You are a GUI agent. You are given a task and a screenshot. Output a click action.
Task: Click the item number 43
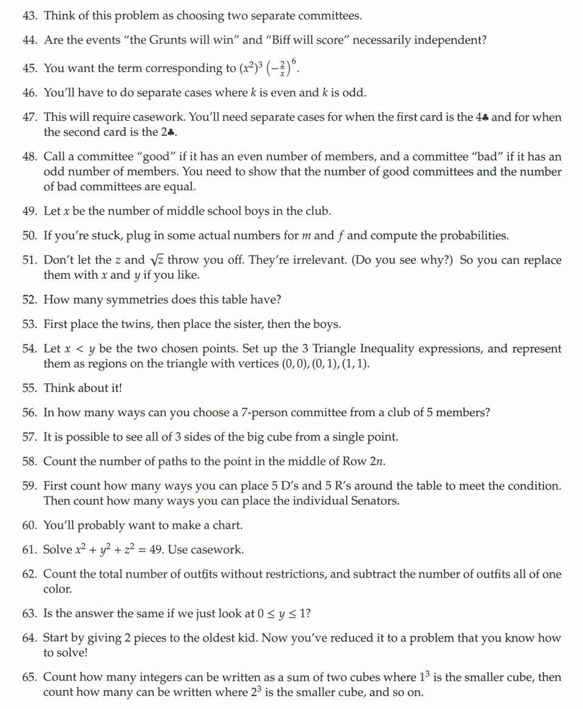(x=30, y=15)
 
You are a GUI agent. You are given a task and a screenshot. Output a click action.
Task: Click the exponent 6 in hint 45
(x=295, y=60)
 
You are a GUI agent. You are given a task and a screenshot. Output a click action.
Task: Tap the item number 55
(x=30, y=388)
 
